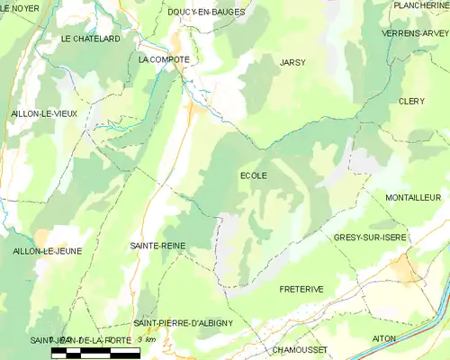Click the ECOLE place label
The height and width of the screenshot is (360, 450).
pyautogui.click(x=253, y=175)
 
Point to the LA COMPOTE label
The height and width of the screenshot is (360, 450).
pyautogui.click(x=164, y=59)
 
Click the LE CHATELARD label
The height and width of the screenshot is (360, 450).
pyautogui.click(x=91, y=40)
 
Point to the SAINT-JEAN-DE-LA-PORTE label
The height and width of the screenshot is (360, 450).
pyautogui.click(x=76, y=340)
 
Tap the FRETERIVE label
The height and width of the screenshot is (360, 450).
pyautogui.click(x=301, y=289)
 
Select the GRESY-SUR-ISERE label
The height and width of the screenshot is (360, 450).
pyautogui.click(x=369, y=237)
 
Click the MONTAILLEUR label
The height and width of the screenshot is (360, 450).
pyautogui.click(x=412, y=197)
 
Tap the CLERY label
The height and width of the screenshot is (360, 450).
pyautogui.click(x=411, y=102)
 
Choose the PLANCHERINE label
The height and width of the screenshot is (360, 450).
pyautogui.click(x=420, y=5)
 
